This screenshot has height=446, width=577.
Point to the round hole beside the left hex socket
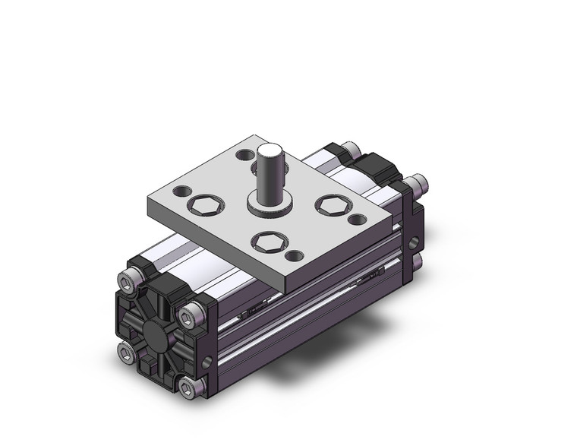tap(182, 190)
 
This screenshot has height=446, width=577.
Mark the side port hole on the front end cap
tap(204, 360)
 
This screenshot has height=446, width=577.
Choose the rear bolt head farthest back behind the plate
tap(351, 148)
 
